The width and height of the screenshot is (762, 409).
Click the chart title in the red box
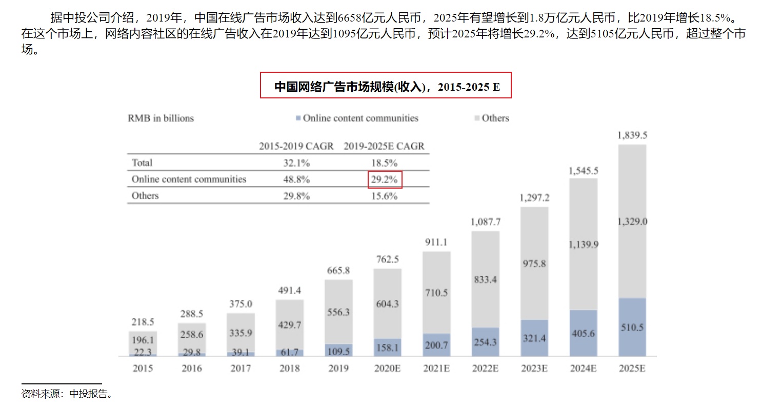[386, 86]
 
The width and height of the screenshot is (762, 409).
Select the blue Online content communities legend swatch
[297, 118]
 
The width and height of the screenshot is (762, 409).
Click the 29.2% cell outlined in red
[385, 179]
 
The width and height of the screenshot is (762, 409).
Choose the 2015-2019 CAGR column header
[296, 146]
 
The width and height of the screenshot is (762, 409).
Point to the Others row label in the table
[145, 196]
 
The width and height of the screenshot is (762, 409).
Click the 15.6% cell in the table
[385, 196]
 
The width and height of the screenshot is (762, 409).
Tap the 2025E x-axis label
[632, 368]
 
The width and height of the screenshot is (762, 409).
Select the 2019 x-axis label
[338, 368]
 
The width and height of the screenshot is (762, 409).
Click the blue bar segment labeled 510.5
[632, 328]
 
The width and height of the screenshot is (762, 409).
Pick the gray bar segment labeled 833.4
[485, 280]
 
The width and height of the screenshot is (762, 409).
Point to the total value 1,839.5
[632, 135]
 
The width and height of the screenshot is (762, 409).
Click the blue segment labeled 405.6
[583, 333]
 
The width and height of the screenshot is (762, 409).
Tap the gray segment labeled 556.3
[338, 312]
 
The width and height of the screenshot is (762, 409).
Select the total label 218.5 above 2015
[143, 322]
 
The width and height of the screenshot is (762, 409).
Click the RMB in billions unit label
[161, 118]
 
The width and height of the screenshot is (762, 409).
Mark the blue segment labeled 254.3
[485, 342]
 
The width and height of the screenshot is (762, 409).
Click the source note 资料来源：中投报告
[67, 394]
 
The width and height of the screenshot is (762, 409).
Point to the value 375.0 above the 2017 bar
[240, 304]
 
